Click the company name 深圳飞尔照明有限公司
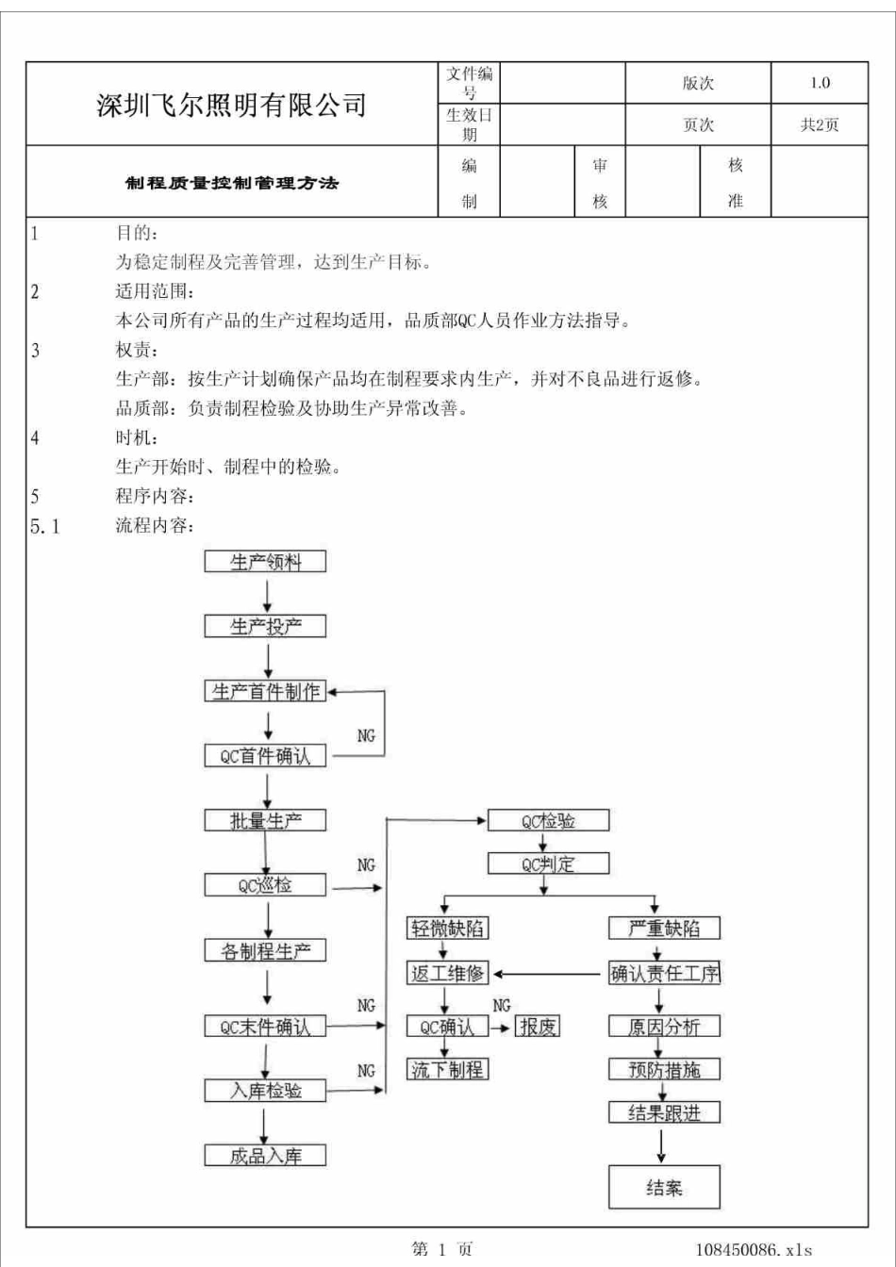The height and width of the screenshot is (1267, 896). pos(231,106)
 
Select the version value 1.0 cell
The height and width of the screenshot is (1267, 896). pos(819,83)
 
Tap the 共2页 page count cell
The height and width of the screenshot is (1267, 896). pos(819,124)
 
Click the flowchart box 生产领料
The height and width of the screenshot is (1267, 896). pos(266,562)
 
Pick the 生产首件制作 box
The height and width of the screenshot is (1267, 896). pos(266,692)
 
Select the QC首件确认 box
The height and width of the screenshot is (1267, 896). pos(266,756)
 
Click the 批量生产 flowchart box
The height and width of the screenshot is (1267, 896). pos(266,820)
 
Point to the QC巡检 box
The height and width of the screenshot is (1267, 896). pos(266,885)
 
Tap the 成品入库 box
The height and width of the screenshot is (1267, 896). pos(266,1155)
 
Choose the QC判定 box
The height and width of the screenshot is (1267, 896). pos(548,864)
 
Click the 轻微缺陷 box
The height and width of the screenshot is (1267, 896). pos(447,929)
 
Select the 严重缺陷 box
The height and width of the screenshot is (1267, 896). pos(664,929)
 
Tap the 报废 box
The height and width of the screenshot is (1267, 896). pos(538,1027)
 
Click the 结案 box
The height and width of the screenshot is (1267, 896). pos(664,1187)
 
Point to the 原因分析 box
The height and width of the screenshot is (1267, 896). pos(664,1027)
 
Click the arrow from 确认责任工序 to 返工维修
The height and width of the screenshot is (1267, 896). pos(549,974)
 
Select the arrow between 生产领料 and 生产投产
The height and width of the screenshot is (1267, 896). pos(268,594)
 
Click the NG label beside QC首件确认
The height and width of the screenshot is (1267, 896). pos(366,736)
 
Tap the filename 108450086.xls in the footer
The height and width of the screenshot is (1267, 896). pos(754,1250)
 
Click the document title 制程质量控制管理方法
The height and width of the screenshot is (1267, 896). pos(231,183)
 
